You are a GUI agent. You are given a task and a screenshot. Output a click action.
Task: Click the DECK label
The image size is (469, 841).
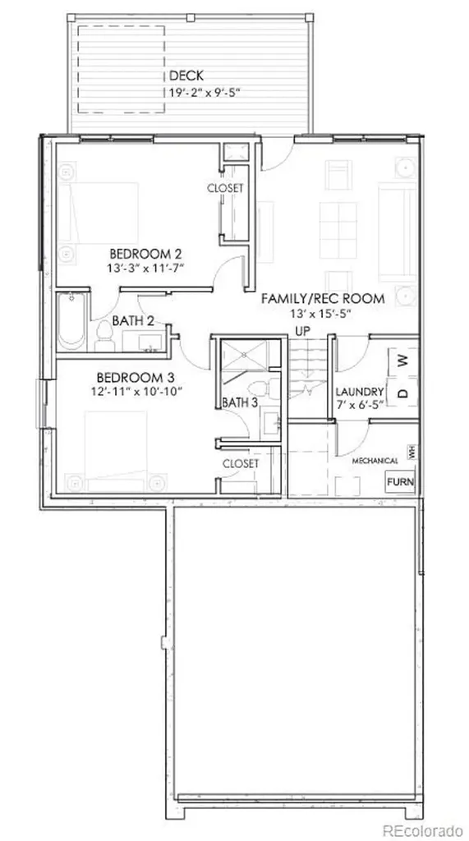coord(186,76)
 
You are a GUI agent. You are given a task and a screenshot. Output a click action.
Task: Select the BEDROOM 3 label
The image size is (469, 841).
coord(135,378)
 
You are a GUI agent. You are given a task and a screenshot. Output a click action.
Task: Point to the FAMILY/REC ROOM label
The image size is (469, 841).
coord(323,299)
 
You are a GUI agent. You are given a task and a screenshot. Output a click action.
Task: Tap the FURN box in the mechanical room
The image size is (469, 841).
coord(400,481)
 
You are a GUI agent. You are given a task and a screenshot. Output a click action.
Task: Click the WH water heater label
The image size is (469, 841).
coord(412,452)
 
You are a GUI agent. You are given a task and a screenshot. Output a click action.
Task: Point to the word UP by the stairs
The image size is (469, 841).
coord(302,329)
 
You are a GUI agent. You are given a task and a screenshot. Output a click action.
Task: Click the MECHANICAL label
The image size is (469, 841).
coord(375,461)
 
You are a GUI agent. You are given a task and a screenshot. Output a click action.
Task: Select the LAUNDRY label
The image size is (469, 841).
coord(359,392)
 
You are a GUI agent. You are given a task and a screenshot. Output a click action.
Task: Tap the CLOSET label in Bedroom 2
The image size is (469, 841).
coord(225,188)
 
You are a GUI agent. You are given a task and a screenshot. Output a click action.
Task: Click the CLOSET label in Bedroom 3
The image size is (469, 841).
coord(241,463)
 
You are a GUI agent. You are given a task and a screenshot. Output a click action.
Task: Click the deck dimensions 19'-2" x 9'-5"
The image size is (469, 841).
coord(200,92)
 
